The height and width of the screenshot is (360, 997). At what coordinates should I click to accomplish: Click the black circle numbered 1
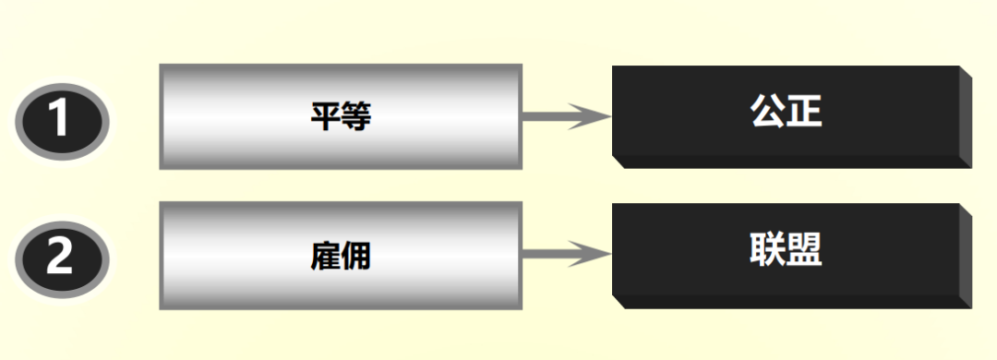coord(62,120)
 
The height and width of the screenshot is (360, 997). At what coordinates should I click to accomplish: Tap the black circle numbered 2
coord(62,258)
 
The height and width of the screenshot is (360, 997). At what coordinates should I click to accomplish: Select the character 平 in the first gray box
coord(325,116)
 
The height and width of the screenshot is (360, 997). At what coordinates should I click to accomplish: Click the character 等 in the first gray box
coord(356,116)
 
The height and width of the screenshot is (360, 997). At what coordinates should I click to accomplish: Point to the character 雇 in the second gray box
coord(325,255)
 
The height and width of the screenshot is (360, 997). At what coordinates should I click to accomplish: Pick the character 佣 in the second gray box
coord(356,255)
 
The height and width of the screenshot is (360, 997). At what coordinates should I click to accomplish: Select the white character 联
coord(767,248)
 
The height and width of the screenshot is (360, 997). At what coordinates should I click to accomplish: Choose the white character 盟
coord(804,248)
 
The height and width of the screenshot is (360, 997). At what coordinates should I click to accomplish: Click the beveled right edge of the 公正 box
coord(966,118)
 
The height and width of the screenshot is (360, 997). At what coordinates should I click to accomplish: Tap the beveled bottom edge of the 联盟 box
coord(794,301)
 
